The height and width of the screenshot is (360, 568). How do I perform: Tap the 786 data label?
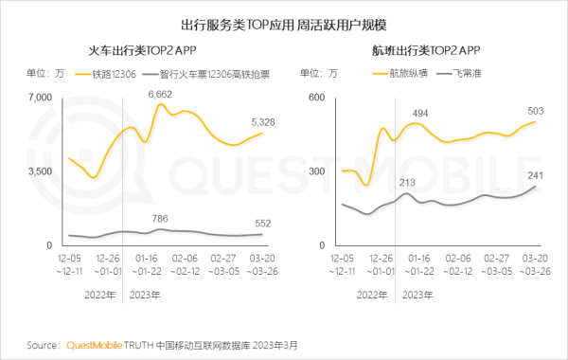161,219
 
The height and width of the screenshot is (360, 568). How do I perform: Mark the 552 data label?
263,223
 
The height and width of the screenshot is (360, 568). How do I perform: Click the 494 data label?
421,113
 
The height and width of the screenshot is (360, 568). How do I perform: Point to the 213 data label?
408,182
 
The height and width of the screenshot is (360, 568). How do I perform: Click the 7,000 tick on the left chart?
42,98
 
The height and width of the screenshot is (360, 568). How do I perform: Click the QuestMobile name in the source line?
95,345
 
